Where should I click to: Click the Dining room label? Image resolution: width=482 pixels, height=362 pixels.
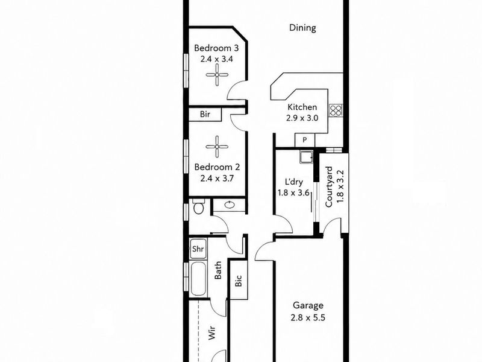(302, 28)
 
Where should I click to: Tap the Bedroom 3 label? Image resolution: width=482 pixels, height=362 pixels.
(216, 48)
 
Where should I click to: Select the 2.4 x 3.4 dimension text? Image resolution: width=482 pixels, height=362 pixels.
(216, 59)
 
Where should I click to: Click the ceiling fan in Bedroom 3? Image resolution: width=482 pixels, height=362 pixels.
(217, 75)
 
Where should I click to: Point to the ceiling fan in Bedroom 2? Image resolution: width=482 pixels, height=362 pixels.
(217, 147)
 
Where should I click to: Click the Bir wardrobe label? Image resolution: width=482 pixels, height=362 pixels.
(205, 114)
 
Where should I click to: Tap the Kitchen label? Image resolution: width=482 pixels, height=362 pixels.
(302, 107)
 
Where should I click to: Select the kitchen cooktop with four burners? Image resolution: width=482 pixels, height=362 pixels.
(336, 110)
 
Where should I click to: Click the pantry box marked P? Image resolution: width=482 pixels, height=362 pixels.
(305, 141)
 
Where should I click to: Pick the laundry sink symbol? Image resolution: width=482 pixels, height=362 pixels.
(306, 157)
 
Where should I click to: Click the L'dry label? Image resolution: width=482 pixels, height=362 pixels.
(293, 182)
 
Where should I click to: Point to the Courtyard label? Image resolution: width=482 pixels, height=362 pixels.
(329, 187)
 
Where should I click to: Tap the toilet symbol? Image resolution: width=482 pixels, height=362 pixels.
(199, 207)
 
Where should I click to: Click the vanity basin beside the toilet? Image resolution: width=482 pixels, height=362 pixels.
(229, 205)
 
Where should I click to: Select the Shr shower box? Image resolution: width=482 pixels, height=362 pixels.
(198, 249)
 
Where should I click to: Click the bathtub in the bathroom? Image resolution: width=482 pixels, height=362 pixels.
(198, 279)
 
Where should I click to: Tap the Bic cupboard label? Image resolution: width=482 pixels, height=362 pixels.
(239, 281)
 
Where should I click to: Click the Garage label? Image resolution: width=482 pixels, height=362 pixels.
(308, 305)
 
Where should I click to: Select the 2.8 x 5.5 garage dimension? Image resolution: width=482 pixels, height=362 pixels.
(308, 317)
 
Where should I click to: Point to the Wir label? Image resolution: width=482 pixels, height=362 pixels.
(212, 334)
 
